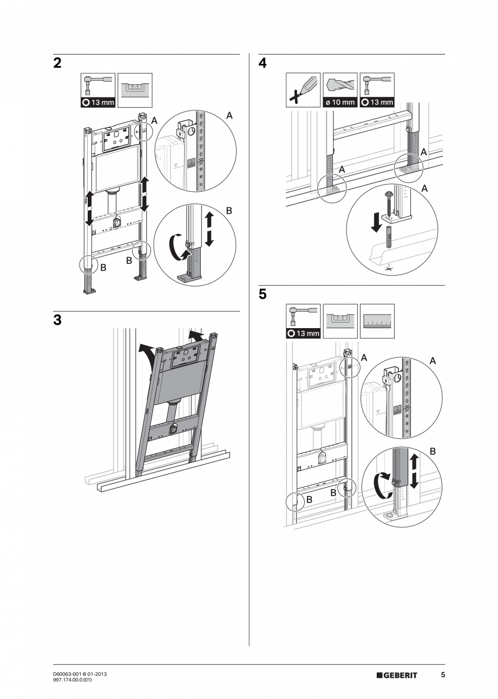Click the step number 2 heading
[x=57, y=63]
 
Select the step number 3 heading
[x=57, y=320]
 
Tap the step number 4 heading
[x=263, y=63]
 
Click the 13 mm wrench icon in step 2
[x=98, y=90]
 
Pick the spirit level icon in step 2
[x=135, y=90]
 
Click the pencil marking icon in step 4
[x=303, y=90]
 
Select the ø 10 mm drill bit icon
[x=340, y=90]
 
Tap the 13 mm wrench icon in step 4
[x=377, y=90]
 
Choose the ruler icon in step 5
[x=377, y=321]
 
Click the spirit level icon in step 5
[x=340, y=321]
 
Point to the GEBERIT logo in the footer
[x=397, y=675]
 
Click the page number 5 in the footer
[x=443, y=675]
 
